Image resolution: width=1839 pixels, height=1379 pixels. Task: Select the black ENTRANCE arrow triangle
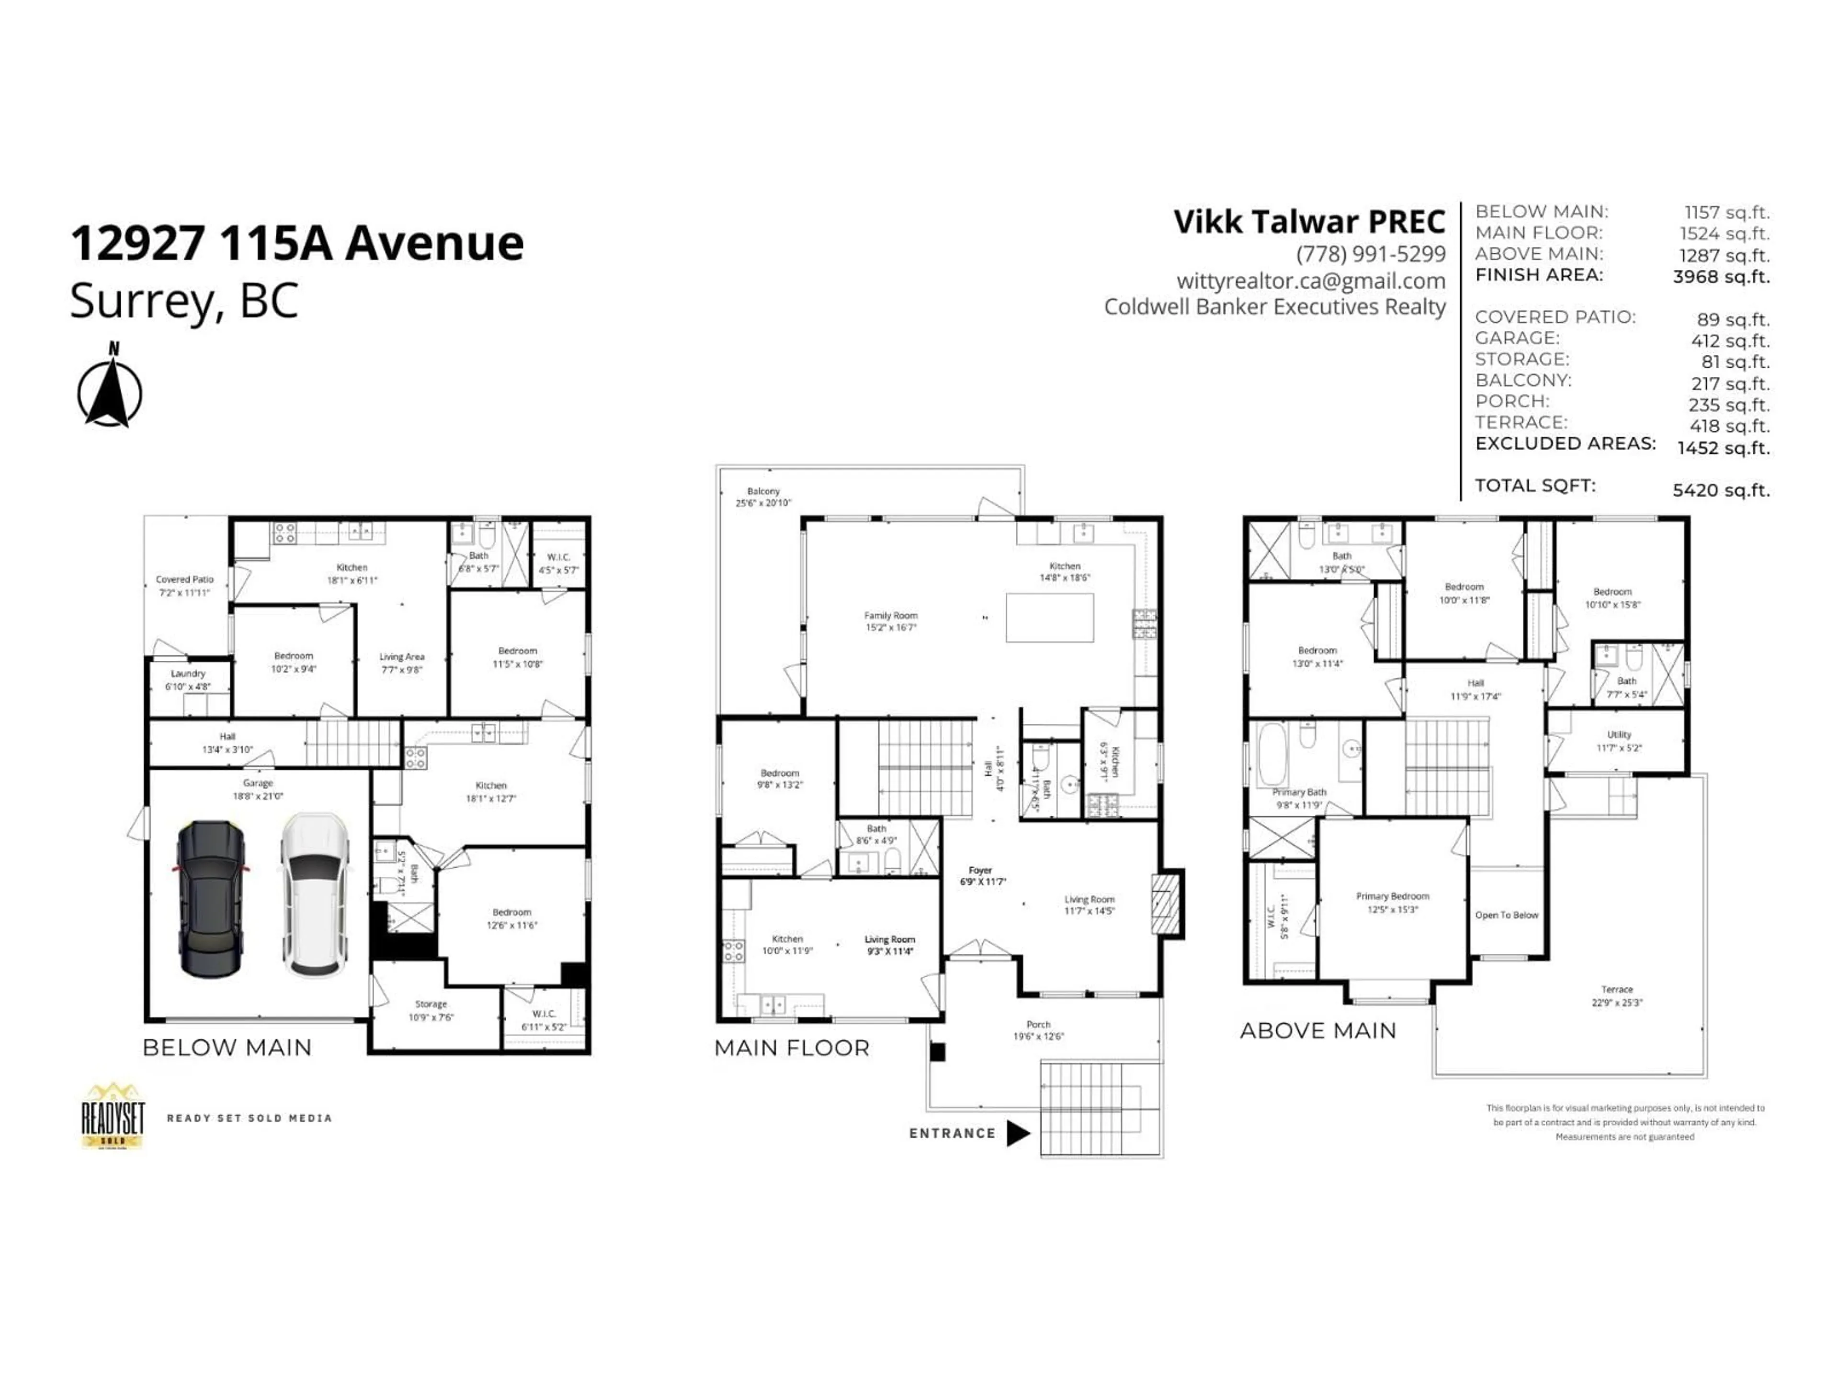click(1018, 1133)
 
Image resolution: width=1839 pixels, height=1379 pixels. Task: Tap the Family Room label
click(890, 621)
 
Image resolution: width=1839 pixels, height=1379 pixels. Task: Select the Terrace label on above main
click(1616, 995)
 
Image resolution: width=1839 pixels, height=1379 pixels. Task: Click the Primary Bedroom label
click(1393, 902)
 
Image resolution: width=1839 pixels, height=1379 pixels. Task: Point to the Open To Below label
click(1507, 915)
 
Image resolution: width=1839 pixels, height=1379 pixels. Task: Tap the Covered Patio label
click(184, 585)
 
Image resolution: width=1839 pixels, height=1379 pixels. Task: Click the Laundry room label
click(188, 679)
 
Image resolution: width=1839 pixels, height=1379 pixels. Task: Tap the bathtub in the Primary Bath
click(1272, 754)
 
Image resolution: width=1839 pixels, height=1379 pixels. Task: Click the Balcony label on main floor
click(763, 496)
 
